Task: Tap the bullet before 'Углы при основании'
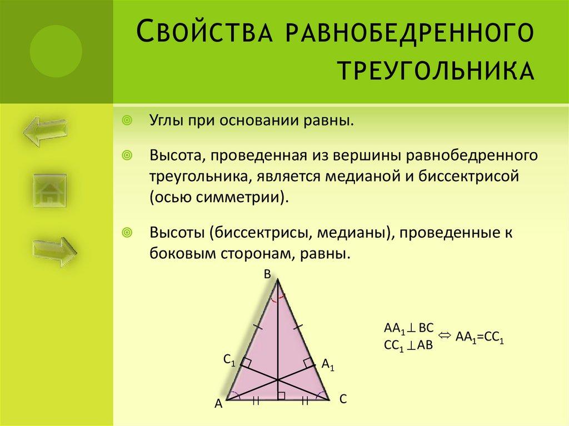pyautogui.click(x=127, y=121)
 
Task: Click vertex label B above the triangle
pyautogui.click(x=267, y=274)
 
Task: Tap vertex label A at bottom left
pyautogui.click(x=218, y=405)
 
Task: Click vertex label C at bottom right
pyautogui.click(x=343, y=398)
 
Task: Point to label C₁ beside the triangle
pyautogui.click(x=229, y=360)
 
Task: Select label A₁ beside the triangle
pyautogui.click(x=328, y=365)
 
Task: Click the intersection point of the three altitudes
pyautogui.click(x=278, y=379)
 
